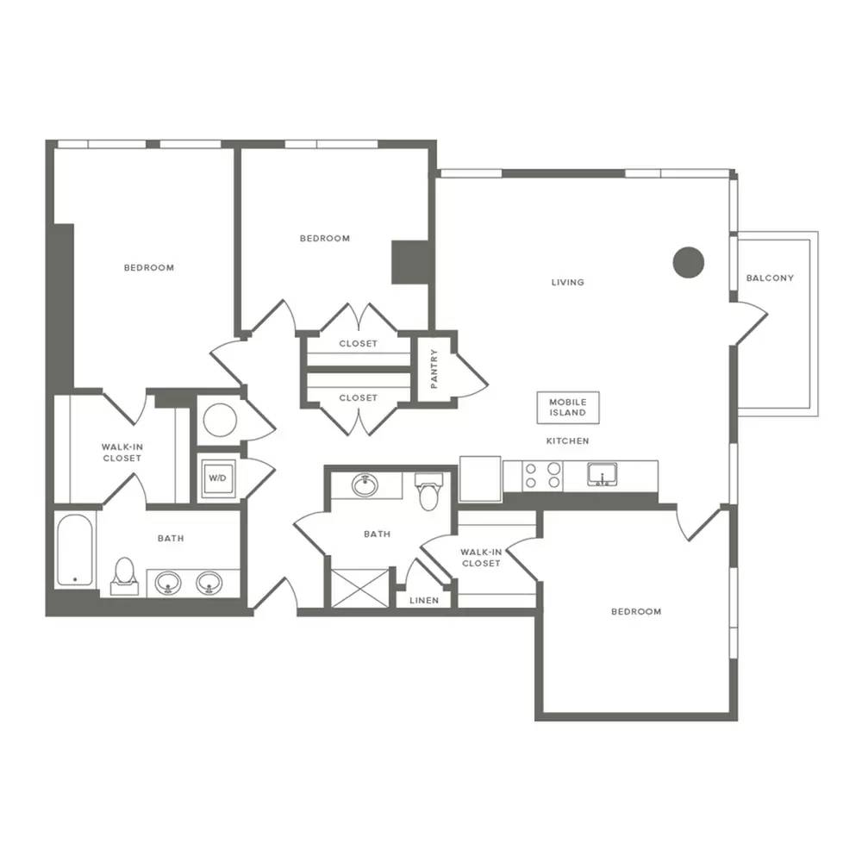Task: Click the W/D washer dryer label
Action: point(217,478)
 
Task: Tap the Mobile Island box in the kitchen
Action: point(568,408)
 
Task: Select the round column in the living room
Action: point(688,262)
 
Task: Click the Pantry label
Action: point(434,368)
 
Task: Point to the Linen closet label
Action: point(424,600)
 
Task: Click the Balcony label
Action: point(770,278)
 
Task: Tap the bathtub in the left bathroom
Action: point(75,550)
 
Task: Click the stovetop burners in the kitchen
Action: point(542,476)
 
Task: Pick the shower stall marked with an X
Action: point(359,588)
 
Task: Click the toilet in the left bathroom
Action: point(125,576)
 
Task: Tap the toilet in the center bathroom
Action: point(428,490)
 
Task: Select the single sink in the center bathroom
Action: point(365,484)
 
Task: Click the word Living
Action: point(567,282)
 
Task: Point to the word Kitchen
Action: point(567,440)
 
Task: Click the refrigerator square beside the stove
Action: point(480,478)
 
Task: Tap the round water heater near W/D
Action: point(220,420)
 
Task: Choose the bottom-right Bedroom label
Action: point(636,611)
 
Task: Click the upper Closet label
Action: point(358,344)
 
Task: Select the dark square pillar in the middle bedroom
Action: point(409,262)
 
